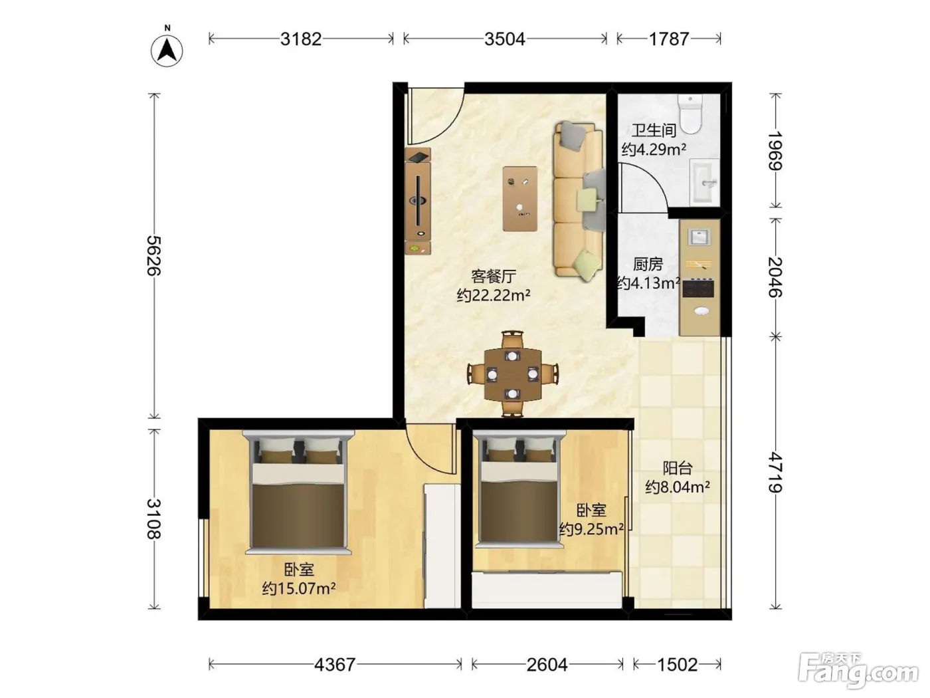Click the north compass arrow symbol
tap(167, 50)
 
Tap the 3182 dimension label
tap(301, 39)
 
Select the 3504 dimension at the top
tap(505, 39)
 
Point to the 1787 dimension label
tap(668, 39)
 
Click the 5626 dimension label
tap(154, 255)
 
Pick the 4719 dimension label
tap(775, 473)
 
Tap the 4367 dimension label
tap(335, 664)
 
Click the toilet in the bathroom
tap(690, 114)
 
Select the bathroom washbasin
tap(704, 183)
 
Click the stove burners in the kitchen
tap(698, 287)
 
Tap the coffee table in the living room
tap(520, 199)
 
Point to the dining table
tap(513, 375)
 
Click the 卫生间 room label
tap(654, 130)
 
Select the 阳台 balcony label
tap(678, 468)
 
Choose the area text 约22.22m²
tap(494, 295)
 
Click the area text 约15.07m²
tap(299, 588)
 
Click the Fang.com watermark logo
tap(858, 669)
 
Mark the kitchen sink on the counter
tap(698, 237)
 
